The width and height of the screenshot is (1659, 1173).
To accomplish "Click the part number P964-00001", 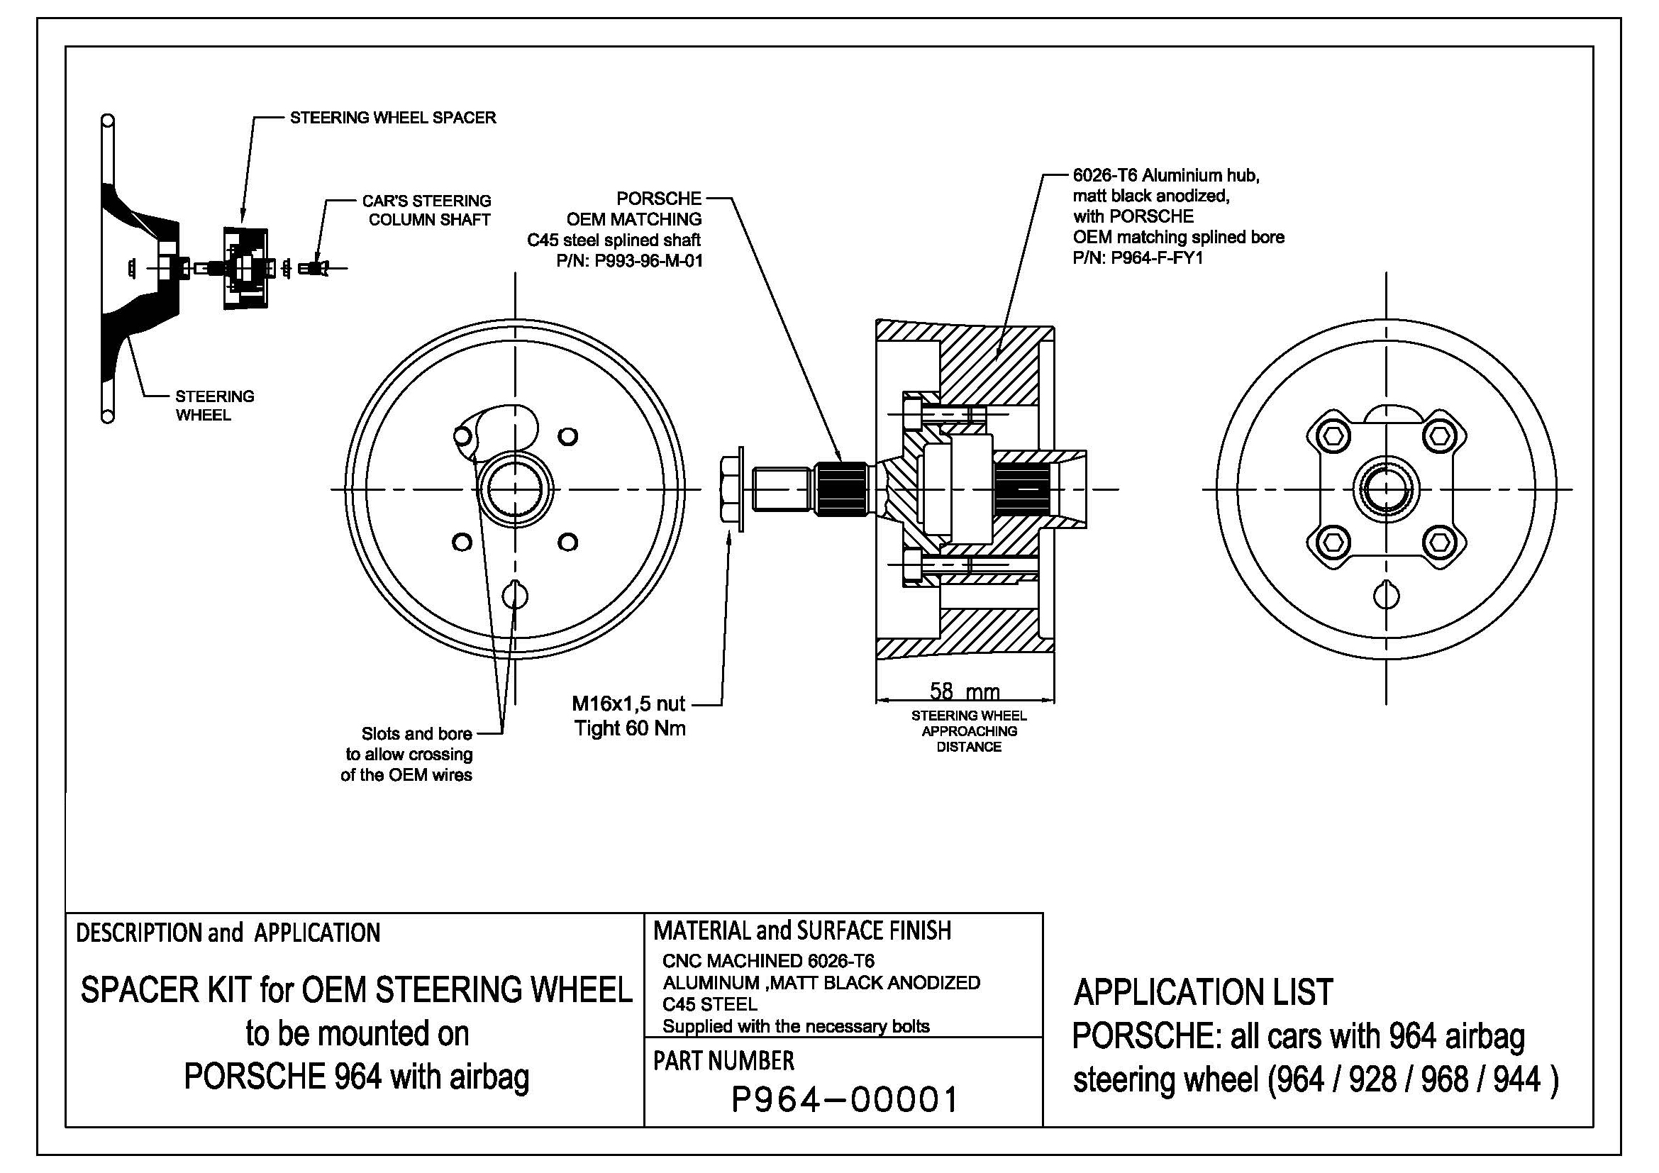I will point(844,1100).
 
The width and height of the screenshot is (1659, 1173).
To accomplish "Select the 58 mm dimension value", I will point(964,691).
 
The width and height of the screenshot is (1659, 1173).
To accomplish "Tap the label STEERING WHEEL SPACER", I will point(392,118).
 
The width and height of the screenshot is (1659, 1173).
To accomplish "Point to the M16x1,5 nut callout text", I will point(628,703).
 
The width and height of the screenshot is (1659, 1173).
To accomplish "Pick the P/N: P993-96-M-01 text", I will point(628,261).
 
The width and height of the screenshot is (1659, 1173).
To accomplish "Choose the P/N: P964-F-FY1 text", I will point(1137,258).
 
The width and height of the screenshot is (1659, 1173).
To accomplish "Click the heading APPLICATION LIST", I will point(1202,992).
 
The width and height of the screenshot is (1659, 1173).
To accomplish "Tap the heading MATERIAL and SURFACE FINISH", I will point(802,930).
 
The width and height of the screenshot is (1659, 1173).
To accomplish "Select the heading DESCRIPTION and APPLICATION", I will point(228,933).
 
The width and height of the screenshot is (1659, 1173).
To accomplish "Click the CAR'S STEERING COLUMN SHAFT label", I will point(428,210).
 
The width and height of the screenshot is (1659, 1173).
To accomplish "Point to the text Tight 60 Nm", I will point(629,728).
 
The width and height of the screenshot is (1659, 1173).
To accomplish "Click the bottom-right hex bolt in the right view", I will point(1438,543).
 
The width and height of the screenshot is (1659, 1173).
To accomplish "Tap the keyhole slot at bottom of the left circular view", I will point(514,595).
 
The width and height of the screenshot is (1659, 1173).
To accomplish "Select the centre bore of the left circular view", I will point(514,490).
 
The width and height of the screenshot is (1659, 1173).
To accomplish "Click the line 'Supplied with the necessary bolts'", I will point(796,1026).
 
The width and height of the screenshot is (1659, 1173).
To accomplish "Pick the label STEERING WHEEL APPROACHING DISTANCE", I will point(968,731).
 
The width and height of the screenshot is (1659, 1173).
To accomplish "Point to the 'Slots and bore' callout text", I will point(416,734).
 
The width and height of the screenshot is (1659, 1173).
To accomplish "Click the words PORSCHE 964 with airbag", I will point(356,1077).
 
